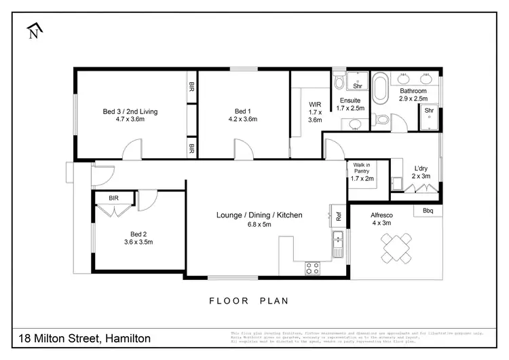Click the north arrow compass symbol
34,31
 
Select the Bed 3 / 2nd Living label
132,115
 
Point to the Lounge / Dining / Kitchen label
259,219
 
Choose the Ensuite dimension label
350,103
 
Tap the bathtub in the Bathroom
381,90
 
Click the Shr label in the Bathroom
429,111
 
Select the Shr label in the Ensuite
358,86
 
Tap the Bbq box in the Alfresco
428,211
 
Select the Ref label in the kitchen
337,217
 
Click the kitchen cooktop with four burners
312,268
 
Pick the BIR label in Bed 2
113,198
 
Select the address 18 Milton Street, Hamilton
84,338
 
